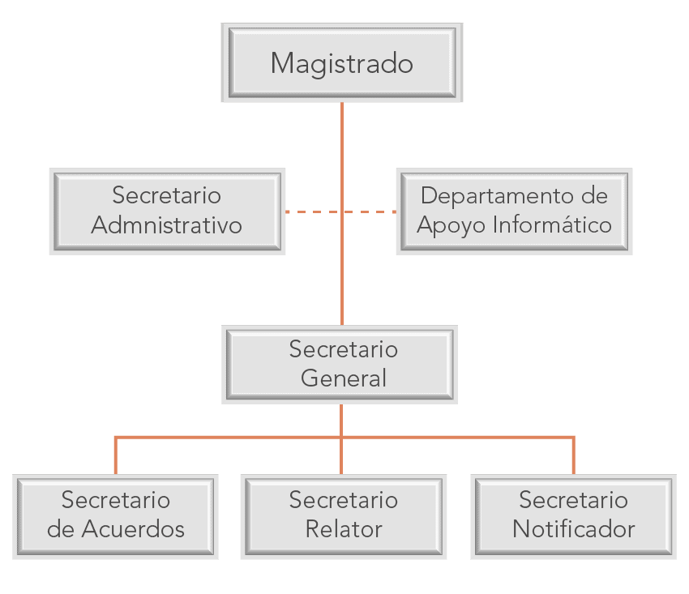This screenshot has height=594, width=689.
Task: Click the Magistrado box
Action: (x=341, y=63)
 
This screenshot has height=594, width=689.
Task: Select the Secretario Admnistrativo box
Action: (x=167, y=211)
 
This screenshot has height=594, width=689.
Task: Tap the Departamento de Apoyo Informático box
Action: (x=514, y=211)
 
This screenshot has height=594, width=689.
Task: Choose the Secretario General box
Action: (x=340, y=365)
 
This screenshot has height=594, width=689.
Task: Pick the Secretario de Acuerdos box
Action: (x=116, y=516)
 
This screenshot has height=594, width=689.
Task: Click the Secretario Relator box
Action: (x=344, y=516)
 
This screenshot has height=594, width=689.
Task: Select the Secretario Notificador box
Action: (x=573, y=516)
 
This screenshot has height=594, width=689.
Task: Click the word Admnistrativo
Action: (x=167, y=225)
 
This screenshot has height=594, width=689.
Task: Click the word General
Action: (x=344, y=378)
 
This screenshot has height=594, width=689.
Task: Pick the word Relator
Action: (x=344, y=530)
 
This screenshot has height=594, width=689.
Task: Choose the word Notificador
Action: (x=573, y=530)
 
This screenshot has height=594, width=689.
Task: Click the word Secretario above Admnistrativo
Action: (x=167, y=196)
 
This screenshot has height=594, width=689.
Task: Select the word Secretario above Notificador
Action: (x=573, y=501)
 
